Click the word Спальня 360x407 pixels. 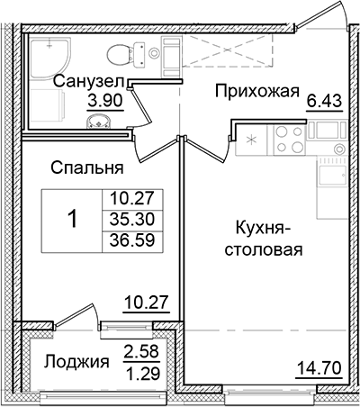[87, 167]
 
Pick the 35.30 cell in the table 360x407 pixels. [127, 218]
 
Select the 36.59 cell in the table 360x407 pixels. [127, 237]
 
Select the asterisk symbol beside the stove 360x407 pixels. [250, 142]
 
